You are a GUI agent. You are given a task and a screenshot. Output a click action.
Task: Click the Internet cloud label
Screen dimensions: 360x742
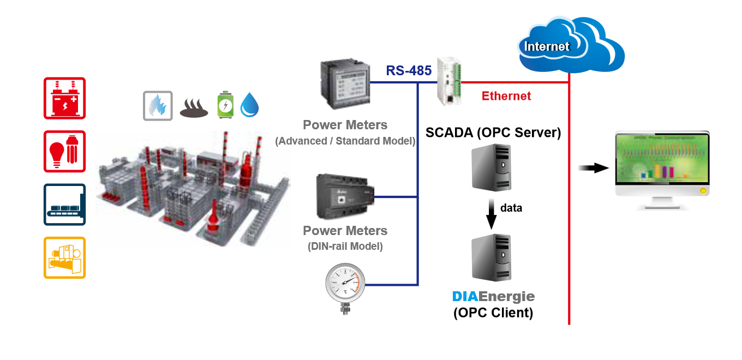coord(547,47)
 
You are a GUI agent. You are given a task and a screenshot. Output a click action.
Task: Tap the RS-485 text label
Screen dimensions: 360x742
coord(409,71)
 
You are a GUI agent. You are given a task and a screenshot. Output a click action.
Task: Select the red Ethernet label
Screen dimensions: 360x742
coord(506,97)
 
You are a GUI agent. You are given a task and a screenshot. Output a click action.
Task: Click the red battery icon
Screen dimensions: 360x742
coord(64,98)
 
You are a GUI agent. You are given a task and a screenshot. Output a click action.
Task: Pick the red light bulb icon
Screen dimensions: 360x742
coord(64,151)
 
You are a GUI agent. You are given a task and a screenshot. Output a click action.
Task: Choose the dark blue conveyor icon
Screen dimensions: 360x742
coord(64,205)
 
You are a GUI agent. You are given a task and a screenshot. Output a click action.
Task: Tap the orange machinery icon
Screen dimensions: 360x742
coord(64,257)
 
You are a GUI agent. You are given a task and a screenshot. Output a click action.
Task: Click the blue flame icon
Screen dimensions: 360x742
coord(158,105)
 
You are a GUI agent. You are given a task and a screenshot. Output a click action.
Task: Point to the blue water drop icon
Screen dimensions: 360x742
coord(249,105)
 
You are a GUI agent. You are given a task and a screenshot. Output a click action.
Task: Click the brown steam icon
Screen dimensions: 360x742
coord(195,107)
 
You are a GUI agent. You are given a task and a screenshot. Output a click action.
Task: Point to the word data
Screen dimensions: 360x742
coord(511,208)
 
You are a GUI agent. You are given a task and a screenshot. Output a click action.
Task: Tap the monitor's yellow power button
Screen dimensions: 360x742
coord(703,191)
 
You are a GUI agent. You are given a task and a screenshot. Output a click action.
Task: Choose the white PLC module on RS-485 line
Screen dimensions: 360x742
coord(449,82)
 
